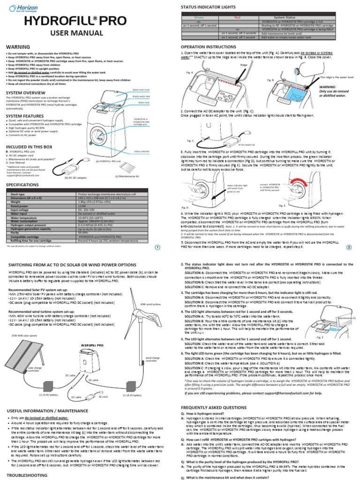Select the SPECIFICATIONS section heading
coord(22,185)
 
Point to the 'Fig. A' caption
coord(189,72)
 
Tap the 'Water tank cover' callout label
coord(141,89)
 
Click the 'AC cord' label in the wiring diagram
coord(103,397)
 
